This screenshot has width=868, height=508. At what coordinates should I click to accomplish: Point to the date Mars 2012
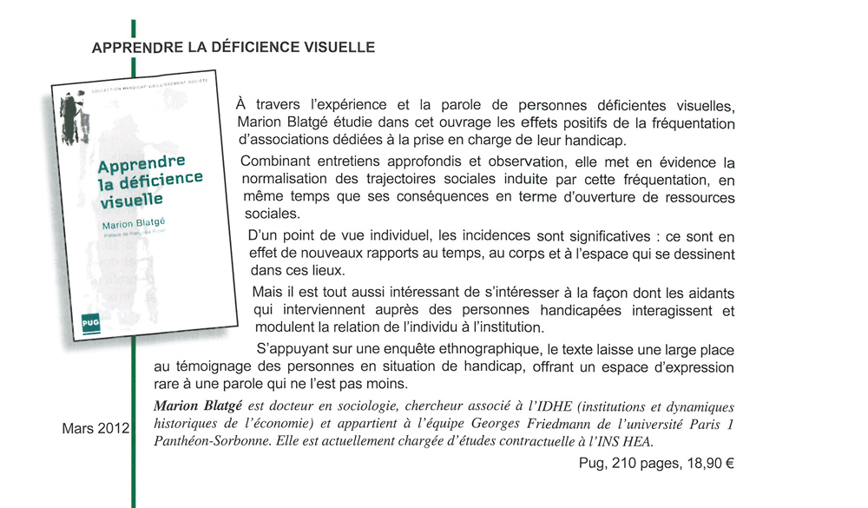95,429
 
